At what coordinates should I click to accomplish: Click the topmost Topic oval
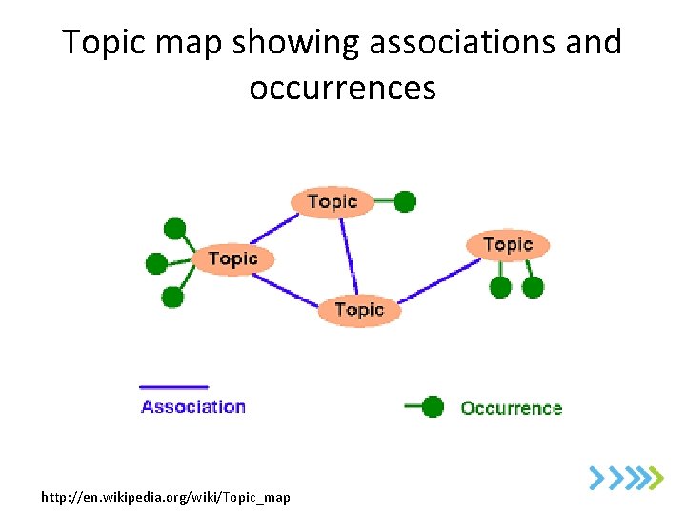pyautogui.click(x=332, y=201)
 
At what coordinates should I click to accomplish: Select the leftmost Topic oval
pyautogui.click(x=232, y=258)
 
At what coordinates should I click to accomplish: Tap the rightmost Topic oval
pyautogui.click(x=507, y=245)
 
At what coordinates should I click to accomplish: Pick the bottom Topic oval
pyautogui.click(x=359, y=310)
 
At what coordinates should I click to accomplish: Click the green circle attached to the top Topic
pyautogui.click(x=405, y=201)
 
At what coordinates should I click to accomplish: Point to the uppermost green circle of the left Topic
pyautogui.click(x=175, y=229)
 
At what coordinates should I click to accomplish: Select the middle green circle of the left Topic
pyautogui.click(x=156, y=262)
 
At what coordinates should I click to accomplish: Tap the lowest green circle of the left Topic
pyautogui.click(x=172, y=297)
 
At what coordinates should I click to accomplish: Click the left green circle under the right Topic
pyautogui.click(x=500, y=286)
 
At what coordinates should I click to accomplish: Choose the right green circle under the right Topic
pyautogui.click(x=534, y=286)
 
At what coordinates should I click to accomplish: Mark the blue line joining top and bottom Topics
pyautogui.click(x=349, y=256)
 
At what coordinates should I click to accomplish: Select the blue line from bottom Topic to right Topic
pyautogui.click(x=436, y=282)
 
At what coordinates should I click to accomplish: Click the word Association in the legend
pyautogui.click(x=193, y=406)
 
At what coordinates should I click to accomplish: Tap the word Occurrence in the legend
pyautogui.click(x=511, y=408)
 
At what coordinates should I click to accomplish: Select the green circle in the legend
pyautogui.click(x=433, y=407)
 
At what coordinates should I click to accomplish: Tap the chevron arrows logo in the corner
pyautogui.click(x=625, y=476)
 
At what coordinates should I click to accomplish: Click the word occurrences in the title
pyautogui.click(x=342, y=88)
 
